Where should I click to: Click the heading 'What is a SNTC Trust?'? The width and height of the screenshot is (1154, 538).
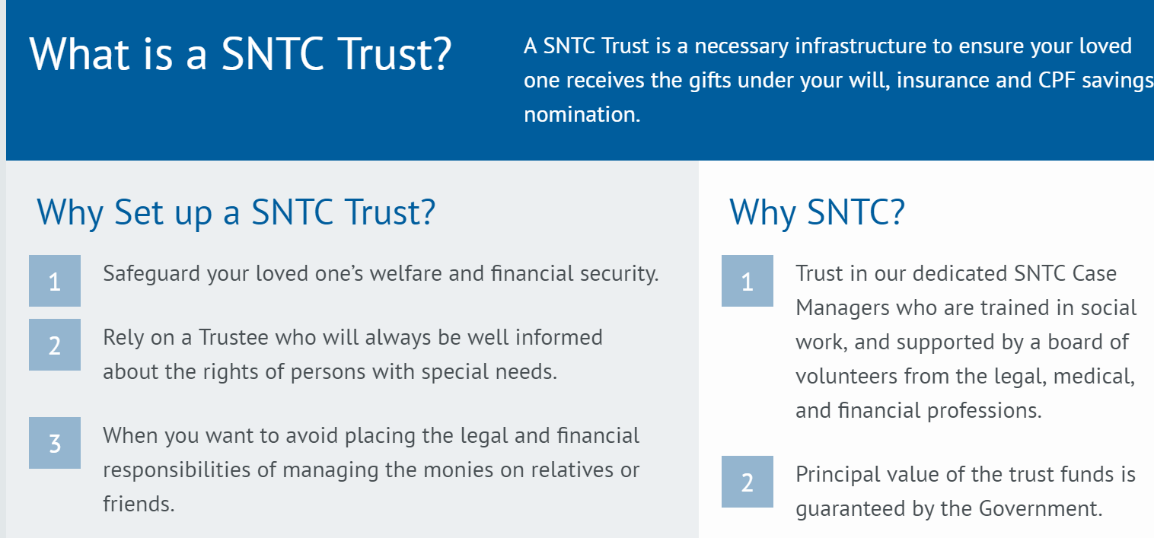tap(240, 54)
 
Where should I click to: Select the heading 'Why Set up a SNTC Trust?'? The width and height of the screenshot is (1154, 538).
tap(236, 212)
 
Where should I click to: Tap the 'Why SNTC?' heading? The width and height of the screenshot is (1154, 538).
tap(817, 212)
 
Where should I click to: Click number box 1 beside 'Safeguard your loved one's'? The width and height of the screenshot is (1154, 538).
tap(55, 281)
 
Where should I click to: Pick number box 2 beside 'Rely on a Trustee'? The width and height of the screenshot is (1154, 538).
tap(55, 345)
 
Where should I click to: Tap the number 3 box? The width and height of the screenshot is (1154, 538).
tap(55, 443)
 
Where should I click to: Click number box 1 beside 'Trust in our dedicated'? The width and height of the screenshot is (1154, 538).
tap(747, 281)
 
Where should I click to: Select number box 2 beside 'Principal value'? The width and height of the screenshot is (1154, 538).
tap(747, 482)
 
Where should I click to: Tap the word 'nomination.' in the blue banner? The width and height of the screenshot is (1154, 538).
tap(582, 114)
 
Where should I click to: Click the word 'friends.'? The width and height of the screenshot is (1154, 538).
tap(139, 504)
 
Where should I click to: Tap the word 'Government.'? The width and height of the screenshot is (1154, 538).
tap(1041, 508)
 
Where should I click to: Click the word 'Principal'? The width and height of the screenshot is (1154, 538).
tap(834, 475)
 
